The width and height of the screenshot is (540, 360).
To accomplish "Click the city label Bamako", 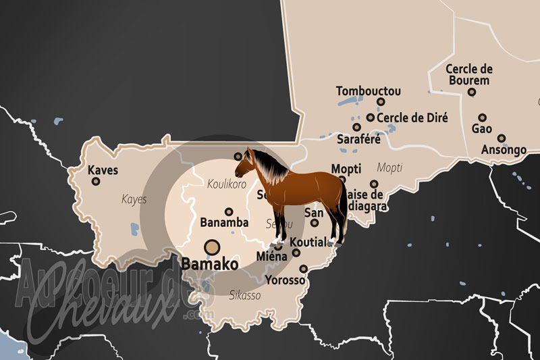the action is tap(209, 264).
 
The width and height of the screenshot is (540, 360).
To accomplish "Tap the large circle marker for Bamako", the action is tap(212, 248).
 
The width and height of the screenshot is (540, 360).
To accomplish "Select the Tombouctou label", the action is tap(369, 91).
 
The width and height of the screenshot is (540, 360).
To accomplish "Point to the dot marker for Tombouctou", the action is tap(381, 102).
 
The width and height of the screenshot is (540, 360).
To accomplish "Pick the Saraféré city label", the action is tap(358, 140).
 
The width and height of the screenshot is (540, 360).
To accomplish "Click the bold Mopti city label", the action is tap(346, 168).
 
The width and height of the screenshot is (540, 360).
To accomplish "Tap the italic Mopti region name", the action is tap(389, 167).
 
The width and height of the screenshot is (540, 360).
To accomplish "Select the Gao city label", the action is tap(482, 128).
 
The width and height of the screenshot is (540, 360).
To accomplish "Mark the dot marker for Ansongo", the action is tap(502, 138).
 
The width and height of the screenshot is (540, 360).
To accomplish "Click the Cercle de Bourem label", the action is tap(470, 74).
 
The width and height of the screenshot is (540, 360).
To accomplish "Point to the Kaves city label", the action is tap(103, 170).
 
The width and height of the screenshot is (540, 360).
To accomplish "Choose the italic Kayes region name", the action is tap(134, 199).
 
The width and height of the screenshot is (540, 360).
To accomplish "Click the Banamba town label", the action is tap(225, 222).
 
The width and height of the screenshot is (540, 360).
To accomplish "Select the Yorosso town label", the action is tap(286, 280).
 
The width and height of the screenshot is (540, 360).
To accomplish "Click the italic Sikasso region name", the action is tap(244, 295).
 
